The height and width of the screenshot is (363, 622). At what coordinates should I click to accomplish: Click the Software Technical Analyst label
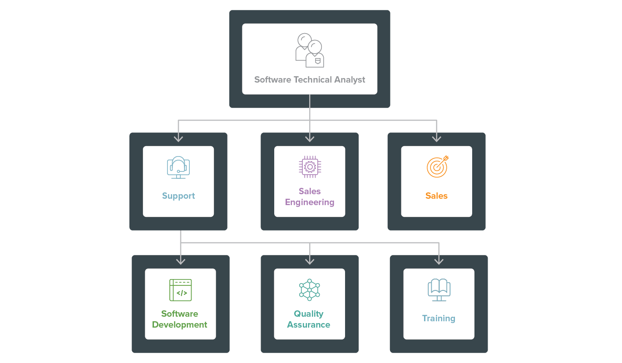310,80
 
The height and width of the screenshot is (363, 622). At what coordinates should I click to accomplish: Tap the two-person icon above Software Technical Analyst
310,50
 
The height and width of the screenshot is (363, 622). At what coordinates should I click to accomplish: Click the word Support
178,196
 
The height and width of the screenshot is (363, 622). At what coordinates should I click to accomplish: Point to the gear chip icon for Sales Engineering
310,167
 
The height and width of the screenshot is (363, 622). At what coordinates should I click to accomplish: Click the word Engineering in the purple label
310,202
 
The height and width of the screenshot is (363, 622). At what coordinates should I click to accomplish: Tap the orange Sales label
436,196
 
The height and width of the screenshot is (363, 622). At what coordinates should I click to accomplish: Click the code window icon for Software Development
181,290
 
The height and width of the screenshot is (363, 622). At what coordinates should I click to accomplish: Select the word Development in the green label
180,325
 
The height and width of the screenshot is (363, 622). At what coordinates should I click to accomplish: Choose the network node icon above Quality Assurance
310,289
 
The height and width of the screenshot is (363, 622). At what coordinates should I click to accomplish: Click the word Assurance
309,325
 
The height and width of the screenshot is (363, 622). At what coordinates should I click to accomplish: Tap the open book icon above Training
439,290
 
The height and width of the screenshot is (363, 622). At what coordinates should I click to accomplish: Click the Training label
439,319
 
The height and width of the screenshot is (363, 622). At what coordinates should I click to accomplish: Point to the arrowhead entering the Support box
178,138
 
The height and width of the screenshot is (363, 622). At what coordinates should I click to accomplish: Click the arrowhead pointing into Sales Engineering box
310,138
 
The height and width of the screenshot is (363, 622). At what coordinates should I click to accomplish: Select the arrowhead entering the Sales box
436,138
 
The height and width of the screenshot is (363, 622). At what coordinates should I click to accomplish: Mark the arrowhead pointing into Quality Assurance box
310,260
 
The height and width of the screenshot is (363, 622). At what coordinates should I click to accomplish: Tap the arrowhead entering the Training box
439,260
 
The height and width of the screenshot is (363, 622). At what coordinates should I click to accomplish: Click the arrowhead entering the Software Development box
181,260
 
